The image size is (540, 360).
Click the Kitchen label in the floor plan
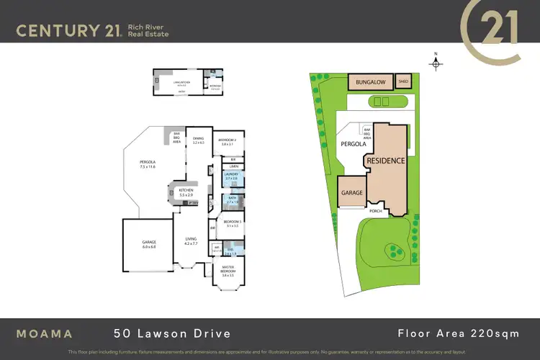(x=186, y=193)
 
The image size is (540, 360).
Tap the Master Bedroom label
(x=230, y=272)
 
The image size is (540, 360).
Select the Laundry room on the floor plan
(x=231, y=176)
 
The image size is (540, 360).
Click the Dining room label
(x=199, y=140)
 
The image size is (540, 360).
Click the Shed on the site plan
(x=403, y=82)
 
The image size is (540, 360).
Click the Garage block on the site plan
(x=351, y=193)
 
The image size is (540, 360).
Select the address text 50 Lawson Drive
(x=172, y=333)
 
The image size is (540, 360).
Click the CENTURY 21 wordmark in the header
(x=68, y=30)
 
